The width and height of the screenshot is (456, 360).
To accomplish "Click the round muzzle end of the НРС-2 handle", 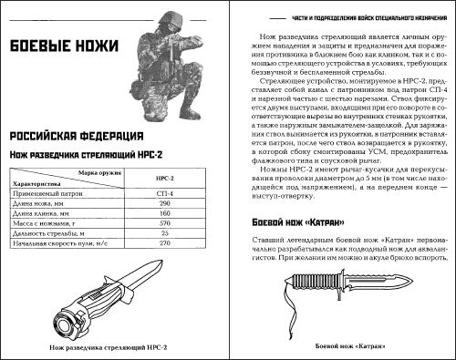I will click(65, 323).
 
